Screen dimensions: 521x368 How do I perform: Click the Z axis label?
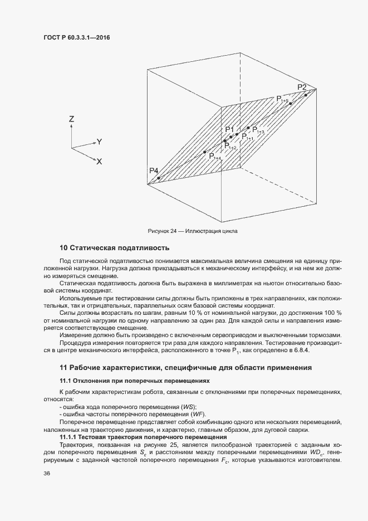(72, 119)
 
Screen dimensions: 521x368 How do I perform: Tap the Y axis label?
(99, 142)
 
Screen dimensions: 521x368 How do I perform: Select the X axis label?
(99, 162)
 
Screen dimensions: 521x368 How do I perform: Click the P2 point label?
(302, 87)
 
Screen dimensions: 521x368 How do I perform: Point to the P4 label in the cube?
(154, 170)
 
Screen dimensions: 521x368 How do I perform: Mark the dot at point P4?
(159, 178)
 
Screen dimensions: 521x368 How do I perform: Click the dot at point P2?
(306, 95)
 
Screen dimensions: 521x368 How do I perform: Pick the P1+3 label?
(258, 130)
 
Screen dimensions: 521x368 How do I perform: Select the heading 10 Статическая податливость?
(114, 247)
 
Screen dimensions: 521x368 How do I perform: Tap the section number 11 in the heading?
(63, 367)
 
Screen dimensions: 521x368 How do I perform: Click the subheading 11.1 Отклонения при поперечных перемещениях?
(135, 381)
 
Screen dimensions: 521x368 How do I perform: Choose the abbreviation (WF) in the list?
(198, 415)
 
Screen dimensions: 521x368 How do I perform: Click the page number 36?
(46, 474)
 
